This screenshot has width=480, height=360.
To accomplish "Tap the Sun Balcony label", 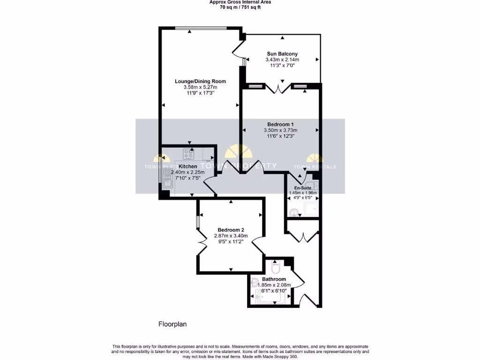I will click(282, 54).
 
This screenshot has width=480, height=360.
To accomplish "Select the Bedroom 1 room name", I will click(280, 124).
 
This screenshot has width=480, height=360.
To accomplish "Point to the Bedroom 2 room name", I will click(231, 229).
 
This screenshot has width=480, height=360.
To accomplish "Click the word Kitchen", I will click(188, 166).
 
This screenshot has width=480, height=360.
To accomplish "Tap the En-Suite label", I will click(302, 187).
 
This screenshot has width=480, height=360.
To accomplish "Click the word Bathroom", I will click(274, 279).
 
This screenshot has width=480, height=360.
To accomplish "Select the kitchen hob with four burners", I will click(188, 153).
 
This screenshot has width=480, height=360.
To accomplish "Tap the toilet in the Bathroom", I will click(276, 269).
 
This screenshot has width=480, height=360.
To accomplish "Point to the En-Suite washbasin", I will click(294, 212).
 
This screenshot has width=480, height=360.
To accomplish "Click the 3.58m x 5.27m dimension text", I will click(200, 87).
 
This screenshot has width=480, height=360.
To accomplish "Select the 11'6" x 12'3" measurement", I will click(280, 136).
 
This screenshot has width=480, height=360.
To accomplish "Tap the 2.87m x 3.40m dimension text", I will click(231, 235).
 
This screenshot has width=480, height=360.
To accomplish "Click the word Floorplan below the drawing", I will click(173, 324).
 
